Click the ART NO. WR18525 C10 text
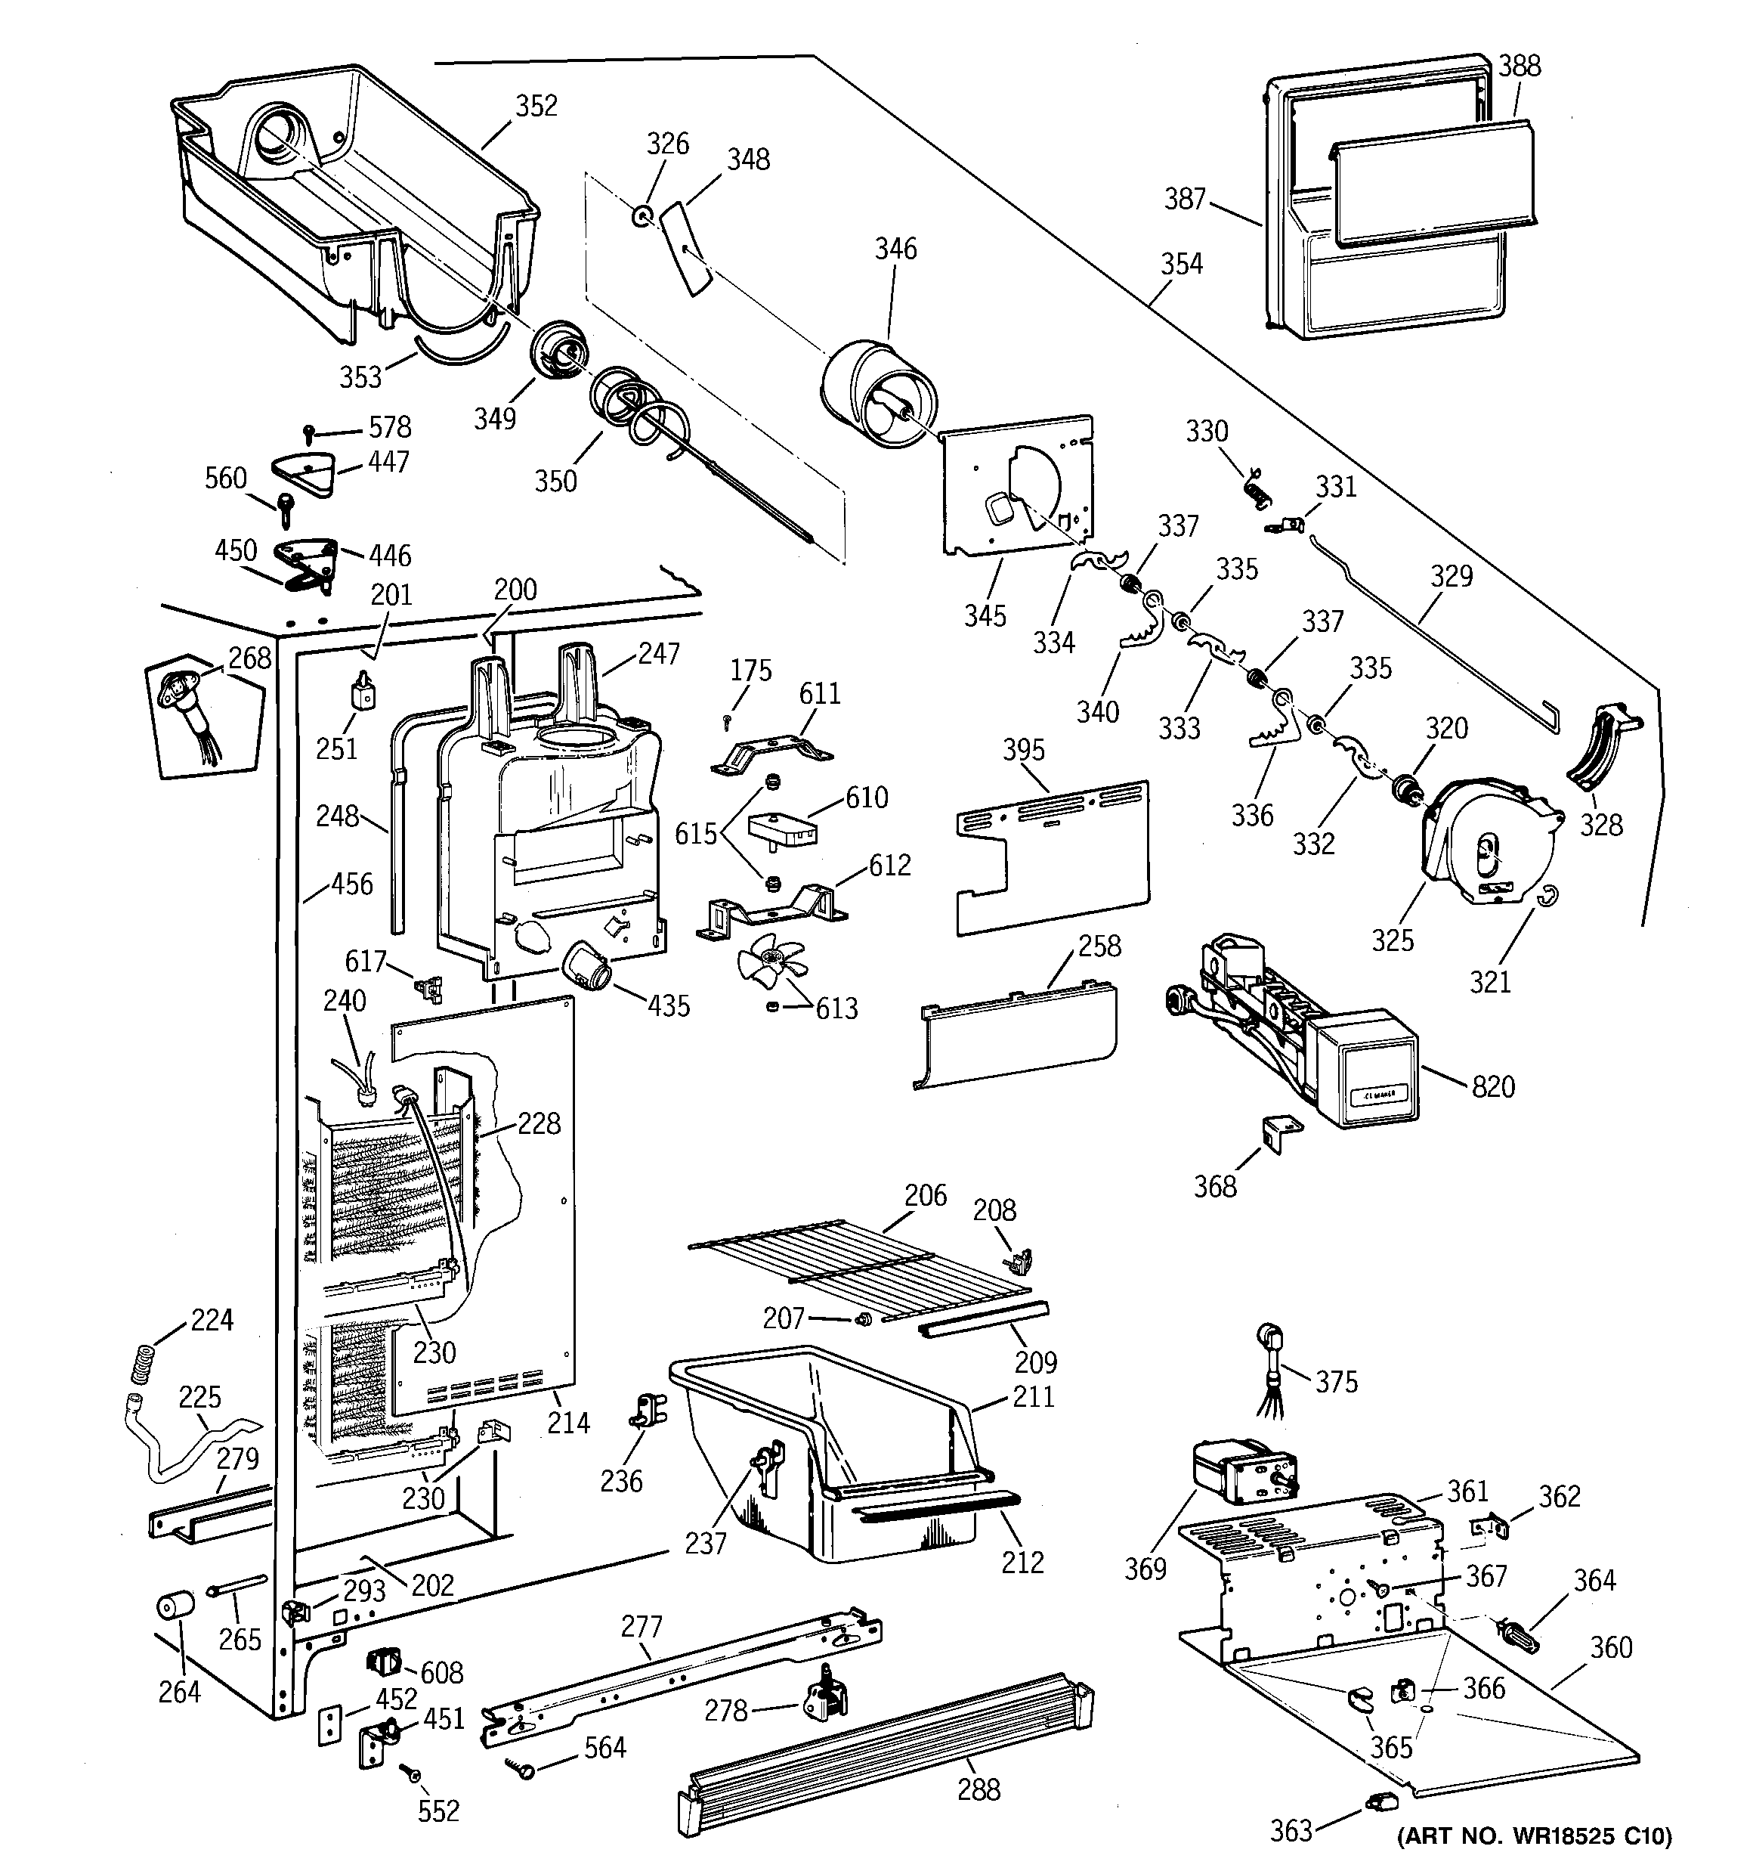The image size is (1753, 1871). click(x=1535, y=1836)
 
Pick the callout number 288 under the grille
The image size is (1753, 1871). click(x=979, y=1789)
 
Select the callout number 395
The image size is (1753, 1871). click(x=1023, y=750)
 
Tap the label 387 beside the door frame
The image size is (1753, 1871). click(x=1185, y=199)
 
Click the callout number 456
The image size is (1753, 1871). click(x=352, y=884)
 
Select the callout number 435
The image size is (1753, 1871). click(x=668, y=1005)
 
